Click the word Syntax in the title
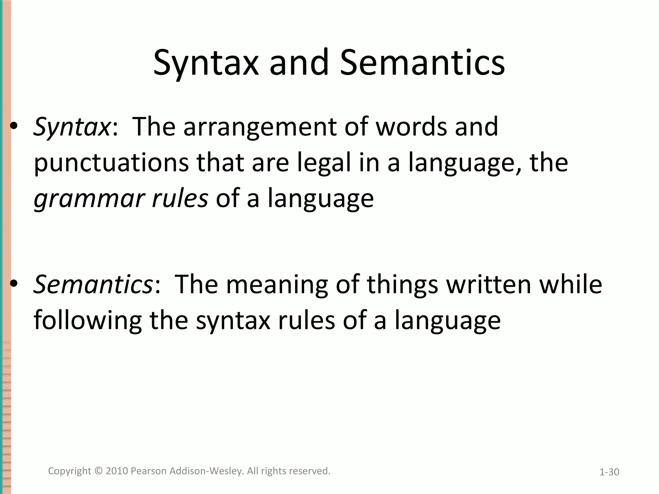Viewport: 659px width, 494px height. tap(206, 63)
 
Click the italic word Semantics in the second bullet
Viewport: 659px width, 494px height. tap(93, 284)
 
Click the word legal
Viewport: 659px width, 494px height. tap(324, 163)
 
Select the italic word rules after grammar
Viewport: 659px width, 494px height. tap(180, 198)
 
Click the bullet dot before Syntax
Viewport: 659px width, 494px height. tap(14, 127)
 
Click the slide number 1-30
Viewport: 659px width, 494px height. tap(609, 472)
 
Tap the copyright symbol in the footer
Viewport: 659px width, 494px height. tap(98, 471)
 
